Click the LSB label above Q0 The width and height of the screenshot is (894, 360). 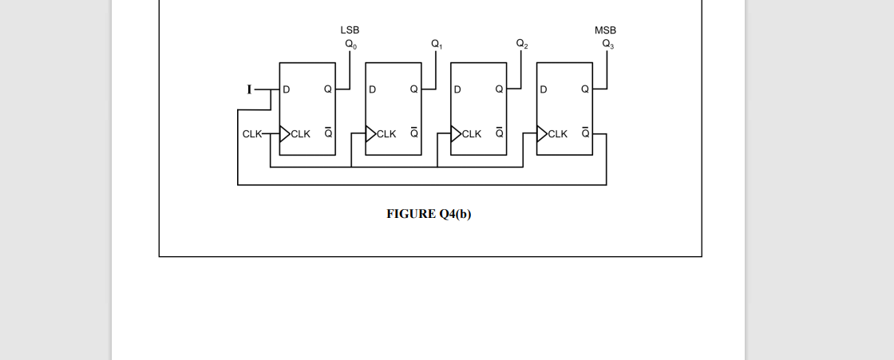350,30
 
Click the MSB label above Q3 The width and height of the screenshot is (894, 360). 605,30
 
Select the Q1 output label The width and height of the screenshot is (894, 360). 437,45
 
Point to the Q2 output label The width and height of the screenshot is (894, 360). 521,45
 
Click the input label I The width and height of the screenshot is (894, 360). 249,89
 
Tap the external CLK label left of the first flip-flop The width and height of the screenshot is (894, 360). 251,134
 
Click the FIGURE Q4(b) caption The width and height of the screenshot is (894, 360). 429,214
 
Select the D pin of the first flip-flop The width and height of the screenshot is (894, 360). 286,89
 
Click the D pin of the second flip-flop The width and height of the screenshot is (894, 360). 372,89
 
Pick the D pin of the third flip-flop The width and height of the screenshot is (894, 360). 457,89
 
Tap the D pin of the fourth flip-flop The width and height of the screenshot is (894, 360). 544,89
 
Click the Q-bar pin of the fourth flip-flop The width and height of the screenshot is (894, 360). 585,133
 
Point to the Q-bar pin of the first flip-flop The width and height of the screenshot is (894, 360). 327,133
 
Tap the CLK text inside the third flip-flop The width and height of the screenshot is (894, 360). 472,134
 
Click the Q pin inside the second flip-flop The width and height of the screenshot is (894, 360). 413,89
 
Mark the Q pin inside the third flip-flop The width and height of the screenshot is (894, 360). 499,89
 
